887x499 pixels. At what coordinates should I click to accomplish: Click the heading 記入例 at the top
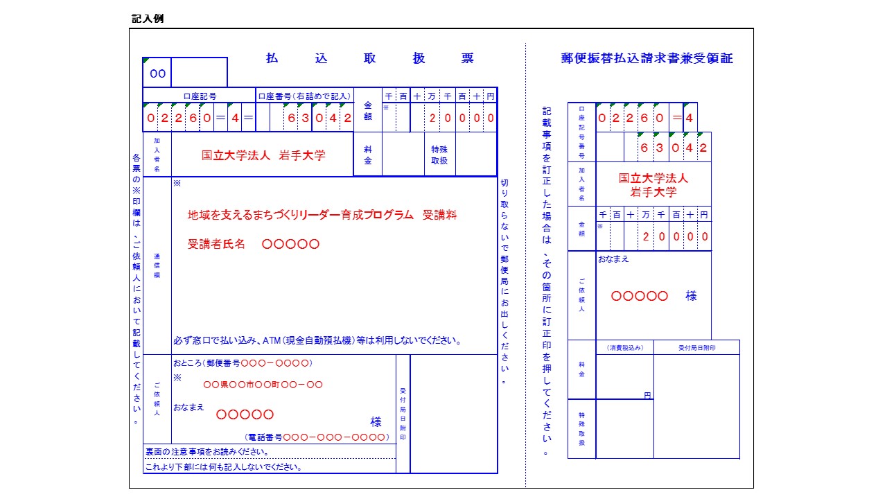pos(148,19)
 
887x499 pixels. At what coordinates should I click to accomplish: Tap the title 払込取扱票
pos(369,59)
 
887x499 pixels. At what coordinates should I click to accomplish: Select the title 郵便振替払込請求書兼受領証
pos(647,59)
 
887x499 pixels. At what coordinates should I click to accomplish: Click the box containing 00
pos(157,73)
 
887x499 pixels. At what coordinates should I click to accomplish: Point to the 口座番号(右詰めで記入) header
pos(304,96)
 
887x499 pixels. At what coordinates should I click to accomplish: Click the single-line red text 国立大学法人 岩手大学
pos(263,155)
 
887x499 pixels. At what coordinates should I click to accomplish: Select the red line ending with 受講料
pos(322,215)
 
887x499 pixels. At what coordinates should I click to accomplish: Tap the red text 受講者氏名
pos(216,244)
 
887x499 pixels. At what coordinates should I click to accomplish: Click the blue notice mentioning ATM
pos(317,341)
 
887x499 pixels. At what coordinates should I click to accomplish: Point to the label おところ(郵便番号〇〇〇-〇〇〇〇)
pos(243,362)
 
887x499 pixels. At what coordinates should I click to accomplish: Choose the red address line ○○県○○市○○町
pos(263,385)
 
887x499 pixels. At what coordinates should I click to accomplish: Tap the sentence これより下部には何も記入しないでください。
pos(223,466)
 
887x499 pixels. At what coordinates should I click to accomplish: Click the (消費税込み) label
pos(624,347)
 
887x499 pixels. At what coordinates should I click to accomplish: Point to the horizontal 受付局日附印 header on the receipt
pos(696,347)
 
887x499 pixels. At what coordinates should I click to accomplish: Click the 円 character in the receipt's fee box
pos(647,395)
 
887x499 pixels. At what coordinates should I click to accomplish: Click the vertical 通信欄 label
pos(157,265)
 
